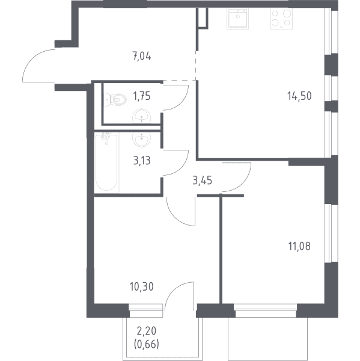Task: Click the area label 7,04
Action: pyautogui.click(x=142, y=57)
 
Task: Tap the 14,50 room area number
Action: pyautogui.click(x=299, y=96)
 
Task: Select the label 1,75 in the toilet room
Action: pyautogui.click(x=142, y=96)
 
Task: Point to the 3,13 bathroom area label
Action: pyautogui.click(x=142, y=161)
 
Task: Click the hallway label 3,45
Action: pyautogui.click(x=202, y=180)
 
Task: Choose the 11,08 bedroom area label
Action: pyautogui.click(x=299, y=246)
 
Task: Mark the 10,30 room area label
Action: pyautogui.click(x=142, y=287)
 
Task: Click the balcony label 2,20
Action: pyautogui.click(x=146, y=332)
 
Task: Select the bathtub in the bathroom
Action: pyautogui.click(x=106, y=162)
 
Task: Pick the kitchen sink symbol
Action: pyautogui.click(x=237, y=19)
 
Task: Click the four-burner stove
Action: pyautogui.click(x=281, y=19)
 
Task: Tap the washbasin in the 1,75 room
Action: pyautogui.click(x=141, y=116)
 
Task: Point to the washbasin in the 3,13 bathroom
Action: pyautogui.click(x=141, y=140)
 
